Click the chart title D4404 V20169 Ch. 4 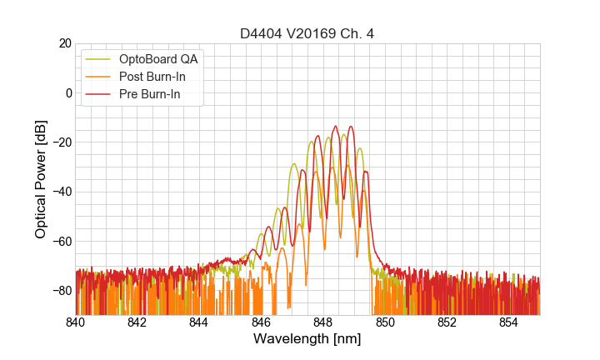click(x=307, y=34)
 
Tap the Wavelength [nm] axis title click(x=307, y=339)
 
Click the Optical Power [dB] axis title click(x=41, y=179)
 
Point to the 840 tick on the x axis click(x=76, y=322)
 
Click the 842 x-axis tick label click(x=137, y=322)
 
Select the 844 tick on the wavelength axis click(x=199, y=322)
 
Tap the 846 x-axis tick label click(x=262, y=322)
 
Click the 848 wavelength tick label click(x=323, y=322)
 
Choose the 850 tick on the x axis click(x=385, y=322)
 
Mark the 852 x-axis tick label click(x=447, y=322)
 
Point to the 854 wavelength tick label click(x=509, y=322)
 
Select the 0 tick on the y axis click(x=67, y=92)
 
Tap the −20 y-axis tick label click(x=60, y=142)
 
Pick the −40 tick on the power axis click(x=60, y=192)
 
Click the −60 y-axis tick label click(x=60, y=242)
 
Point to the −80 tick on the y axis click(x=60, y=291)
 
